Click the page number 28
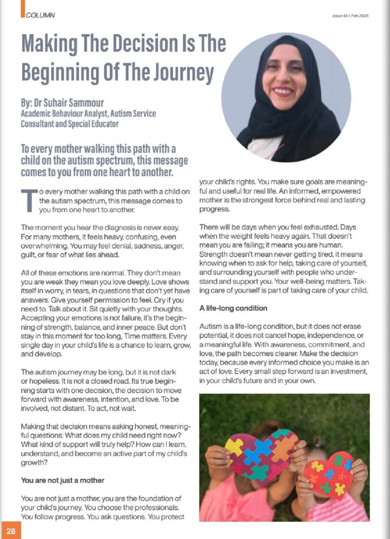(x=11, y=531)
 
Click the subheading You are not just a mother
(x=63, y=480)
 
